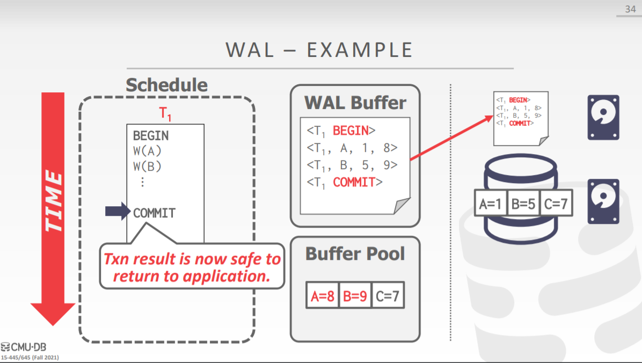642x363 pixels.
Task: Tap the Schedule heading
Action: pyautogui.click(x=166, y=85)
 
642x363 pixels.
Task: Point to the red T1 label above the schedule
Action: pyautogui.click(x=165, y=114)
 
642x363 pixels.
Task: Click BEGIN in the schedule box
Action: pyautogui.click(x=151, y=135)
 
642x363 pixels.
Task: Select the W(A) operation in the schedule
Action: pyautogui.click(x=147, y=151)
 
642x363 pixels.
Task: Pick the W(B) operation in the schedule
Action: pyautogui.click(x=147, y=166)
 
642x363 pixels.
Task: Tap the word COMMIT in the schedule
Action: pyautogui.click(x=154, y=213)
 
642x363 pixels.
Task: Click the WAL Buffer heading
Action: pyautogui.click(x=355, y=102)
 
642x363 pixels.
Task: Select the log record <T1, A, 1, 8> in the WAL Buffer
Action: pyautogui.click(x=352, y=147)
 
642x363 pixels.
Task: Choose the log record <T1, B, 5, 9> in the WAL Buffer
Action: pyautogui.click(x=352, y=164)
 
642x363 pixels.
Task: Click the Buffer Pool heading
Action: pyautogui.click(x=355, y=253)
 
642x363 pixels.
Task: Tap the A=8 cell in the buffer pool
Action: pyautogui.click(x=323, y=296)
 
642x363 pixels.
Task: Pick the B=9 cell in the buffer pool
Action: pyautogui.click(x=355, y=296)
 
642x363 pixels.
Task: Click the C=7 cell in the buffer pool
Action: pyautogui.click(x=387, y=296)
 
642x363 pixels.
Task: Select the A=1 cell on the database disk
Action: pyautogui.click(x=491, y=204)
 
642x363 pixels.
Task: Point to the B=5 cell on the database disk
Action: pyautogui.click(x=523, y=204)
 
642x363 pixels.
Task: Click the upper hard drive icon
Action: pyautogui.click(x=603, y=117)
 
